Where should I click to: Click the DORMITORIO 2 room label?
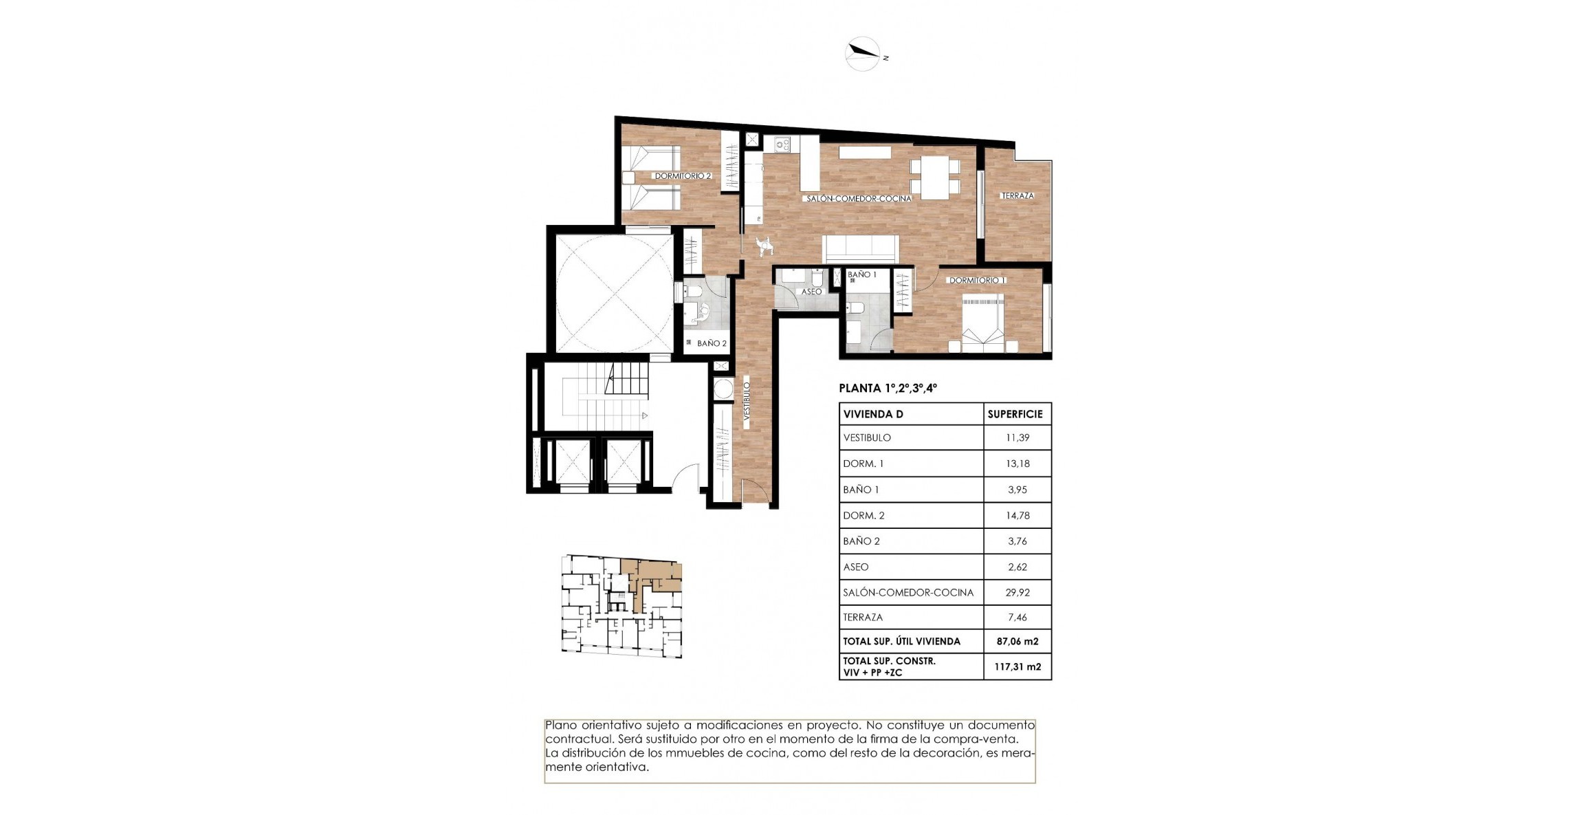tap(682, 176)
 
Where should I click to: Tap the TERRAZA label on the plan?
tap(1017, 196)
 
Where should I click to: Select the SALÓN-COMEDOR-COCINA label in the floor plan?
tap(859, 199)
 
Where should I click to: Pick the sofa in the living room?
tap(861, 248)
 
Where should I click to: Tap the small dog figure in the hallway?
tap(764, 245)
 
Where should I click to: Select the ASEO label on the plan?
tap(811, 292)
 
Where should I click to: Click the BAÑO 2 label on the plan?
tap(711, 343)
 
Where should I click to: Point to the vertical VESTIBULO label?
tap(747, 402)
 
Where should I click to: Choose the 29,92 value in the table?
tap(1017, 592)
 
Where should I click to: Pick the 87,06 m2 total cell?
tap(1017, 641)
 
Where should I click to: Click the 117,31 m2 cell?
tap(1017, 666)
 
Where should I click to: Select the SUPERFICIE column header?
tap(1015, 414)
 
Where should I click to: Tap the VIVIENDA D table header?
tap(873, 414)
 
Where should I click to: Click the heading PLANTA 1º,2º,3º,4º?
tap(888, 388)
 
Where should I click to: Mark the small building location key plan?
tap(621, 606)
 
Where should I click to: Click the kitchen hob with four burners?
tap(782, 144)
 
